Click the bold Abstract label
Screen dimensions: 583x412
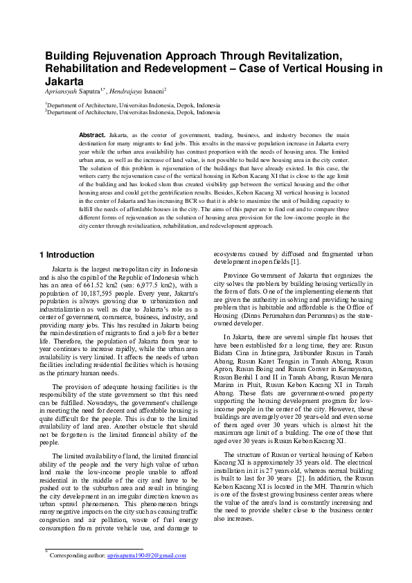[x=91, y=134]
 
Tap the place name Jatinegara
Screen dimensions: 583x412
[x=272, y=351]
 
